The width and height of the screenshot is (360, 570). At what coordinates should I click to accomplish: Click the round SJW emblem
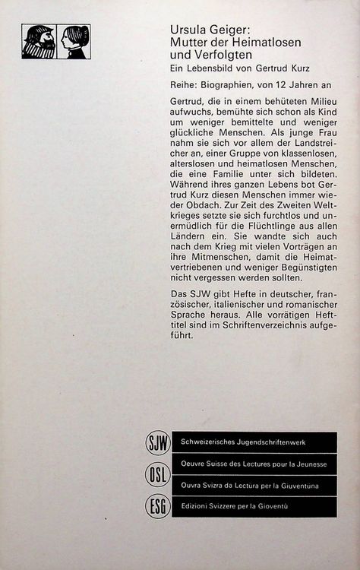pos(156,442)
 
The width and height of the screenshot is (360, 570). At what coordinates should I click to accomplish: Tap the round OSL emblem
pos(156,474)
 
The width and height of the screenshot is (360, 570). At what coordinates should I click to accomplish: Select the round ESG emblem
pos(156,505)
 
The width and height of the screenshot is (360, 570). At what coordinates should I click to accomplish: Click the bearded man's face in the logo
pos(39,41)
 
